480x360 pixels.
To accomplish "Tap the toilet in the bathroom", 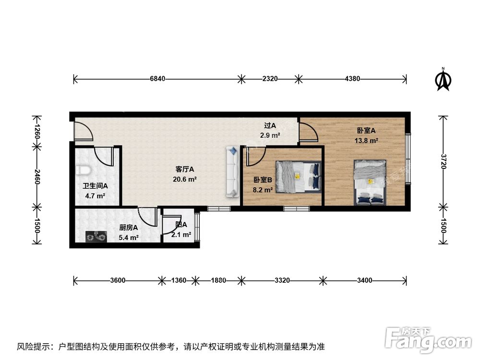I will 84,170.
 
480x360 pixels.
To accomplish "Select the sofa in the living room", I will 232,172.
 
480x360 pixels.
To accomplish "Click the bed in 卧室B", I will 298,176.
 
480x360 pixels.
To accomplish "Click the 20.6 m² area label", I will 185,179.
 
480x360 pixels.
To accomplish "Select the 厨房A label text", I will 129,228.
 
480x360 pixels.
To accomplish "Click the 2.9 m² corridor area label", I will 270,135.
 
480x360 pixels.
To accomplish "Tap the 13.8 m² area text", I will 366,141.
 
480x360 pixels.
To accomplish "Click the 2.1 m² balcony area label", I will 181,235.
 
